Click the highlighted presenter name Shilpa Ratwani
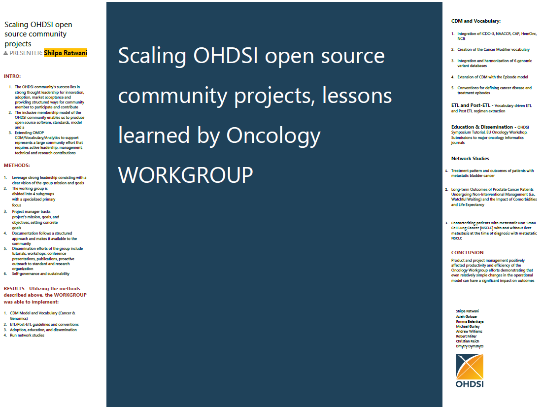[66, 53]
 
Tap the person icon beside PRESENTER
[5, 53]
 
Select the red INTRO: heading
[12, 76]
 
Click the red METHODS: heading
[17, 165]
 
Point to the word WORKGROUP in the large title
[186, 175]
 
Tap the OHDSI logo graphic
[470, 367]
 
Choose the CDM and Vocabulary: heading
[475, 21]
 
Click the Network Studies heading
[470, 158]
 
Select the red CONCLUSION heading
[467, 252]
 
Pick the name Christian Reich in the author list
[467, 341]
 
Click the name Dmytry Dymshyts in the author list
[470, 346]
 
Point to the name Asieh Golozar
[466, 316]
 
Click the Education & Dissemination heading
[482, 127]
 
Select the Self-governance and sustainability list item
[40, 273]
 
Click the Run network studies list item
[27, 335]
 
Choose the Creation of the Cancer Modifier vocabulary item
[493, 49]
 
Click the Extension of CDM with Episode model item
[493, 77]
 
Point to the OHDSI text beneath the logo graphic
[470, 384]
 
